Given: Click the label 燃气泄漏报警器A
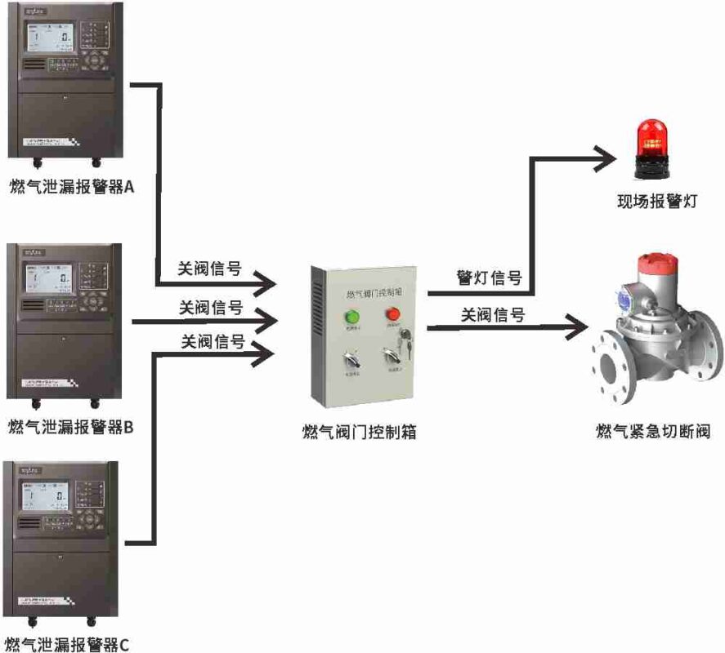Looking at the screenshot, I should click(x=71, y=186).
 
